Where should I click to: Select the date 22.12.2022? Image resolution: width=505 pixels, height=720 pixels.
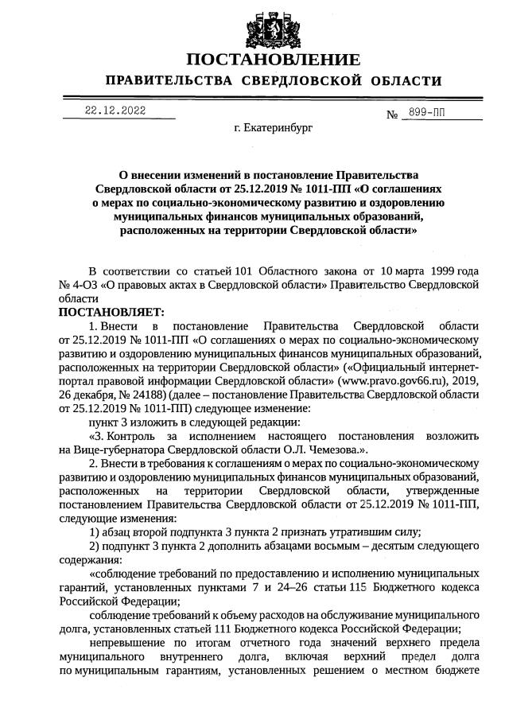(x=118, y=111)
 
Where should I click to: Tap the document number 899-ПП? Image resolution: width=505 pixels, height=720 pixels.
(x=424, y=114)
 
